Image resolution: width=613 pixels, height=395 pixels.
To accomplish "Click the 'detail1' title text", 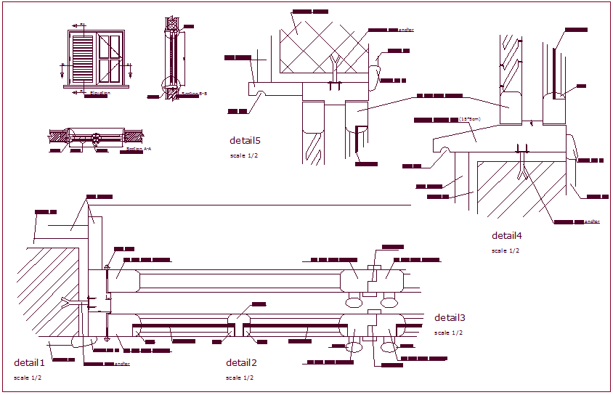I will pyautogui.click(x=29, y=362).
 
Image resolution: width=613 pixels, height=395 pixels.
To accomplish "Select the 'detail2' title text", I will pyautogui.click(x=241, y=362).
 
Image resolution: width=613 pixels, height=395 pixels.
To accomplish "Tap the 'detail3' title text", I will pyautogui.click(x=450, y=317).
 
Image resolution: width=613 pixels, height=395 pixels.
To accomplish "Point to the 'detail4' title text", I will pyautogui.click(x=507, y=235).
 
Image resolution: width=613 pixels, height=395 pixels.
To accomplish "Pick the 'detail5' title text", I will pyautogui.click(x=245, y=141).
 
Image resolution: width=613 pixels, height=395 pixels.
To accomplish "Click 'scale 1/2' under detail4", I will pyautogui.click(x=506, y=251).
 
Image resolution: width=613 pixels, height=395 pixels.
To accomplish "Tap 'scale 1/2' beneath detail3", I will pyautogui.click(x=448, y=333).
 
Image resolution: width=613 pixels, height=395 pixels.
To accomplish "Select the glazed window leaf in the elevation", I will pyautogui.click(x=110, y=59).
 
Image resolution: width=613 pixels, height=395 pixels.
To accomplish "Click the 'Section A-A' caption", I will pyautogui.click(x=138, y=148).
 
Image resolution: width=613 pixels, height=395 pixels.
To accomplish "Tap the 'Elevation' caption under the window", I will pyautogui.click(x=100, y=93).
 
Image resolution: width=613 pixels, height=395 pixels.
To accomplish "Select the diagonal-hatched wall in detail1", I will pyautogui.click(x=47, y=290).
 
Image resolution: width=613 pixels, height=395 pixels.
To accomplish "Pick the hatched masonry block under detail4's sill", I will pyautogui.click(x=523, y=189).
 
